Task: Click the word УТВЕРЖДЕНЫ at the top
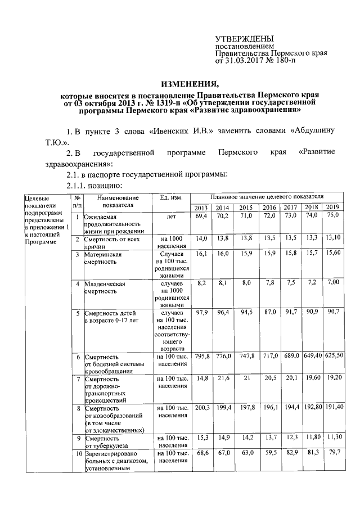(x=245, y=37)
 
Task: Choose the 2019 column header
(x=333, y=208)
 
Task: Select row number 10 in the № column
(x=76, y=453)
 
